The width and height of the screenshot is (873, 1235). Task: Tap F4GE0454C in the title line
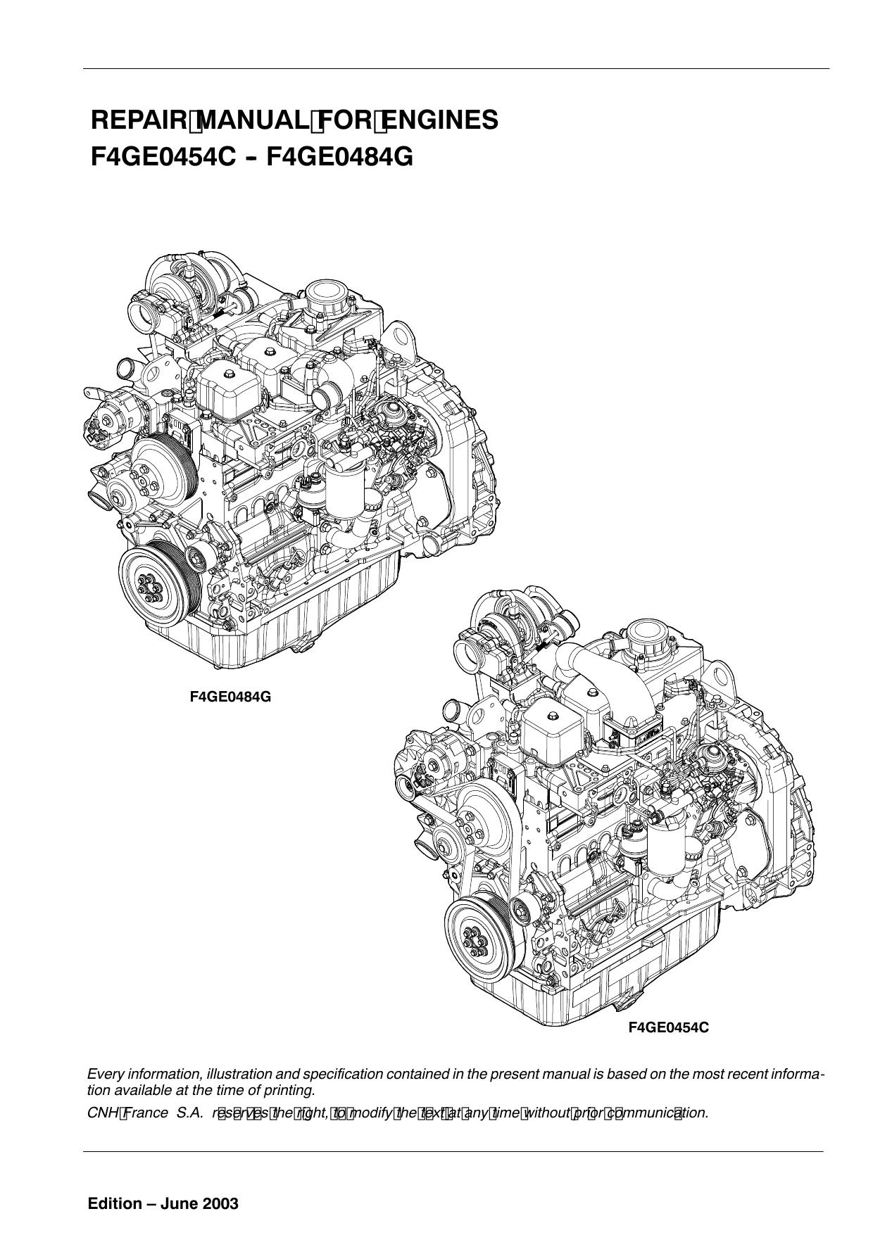163,156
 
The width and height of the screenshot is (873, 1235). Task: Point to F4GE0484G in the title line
339,156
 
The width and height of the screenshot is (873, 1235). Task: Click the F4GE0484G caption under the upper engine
230,697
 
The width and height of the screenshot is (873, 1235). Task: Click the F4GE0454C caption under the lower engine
668,1028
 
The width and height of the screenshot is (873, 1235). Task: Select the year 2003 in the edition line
220,1204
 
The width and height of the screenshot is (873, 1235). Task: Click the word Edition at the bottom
115,1204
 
